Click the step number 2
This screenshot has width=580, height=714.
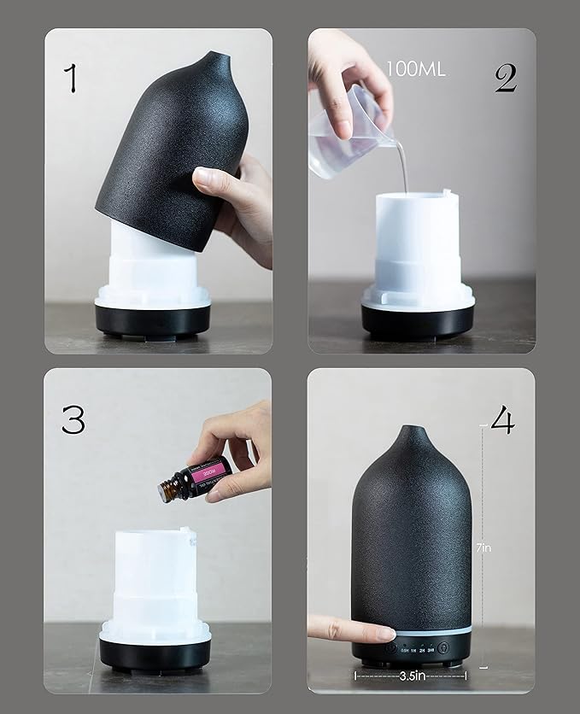(505, 78)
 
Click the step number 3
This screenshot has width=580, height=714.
(73, 418)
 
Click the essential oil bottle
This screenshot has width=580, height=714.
(195, 479)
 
